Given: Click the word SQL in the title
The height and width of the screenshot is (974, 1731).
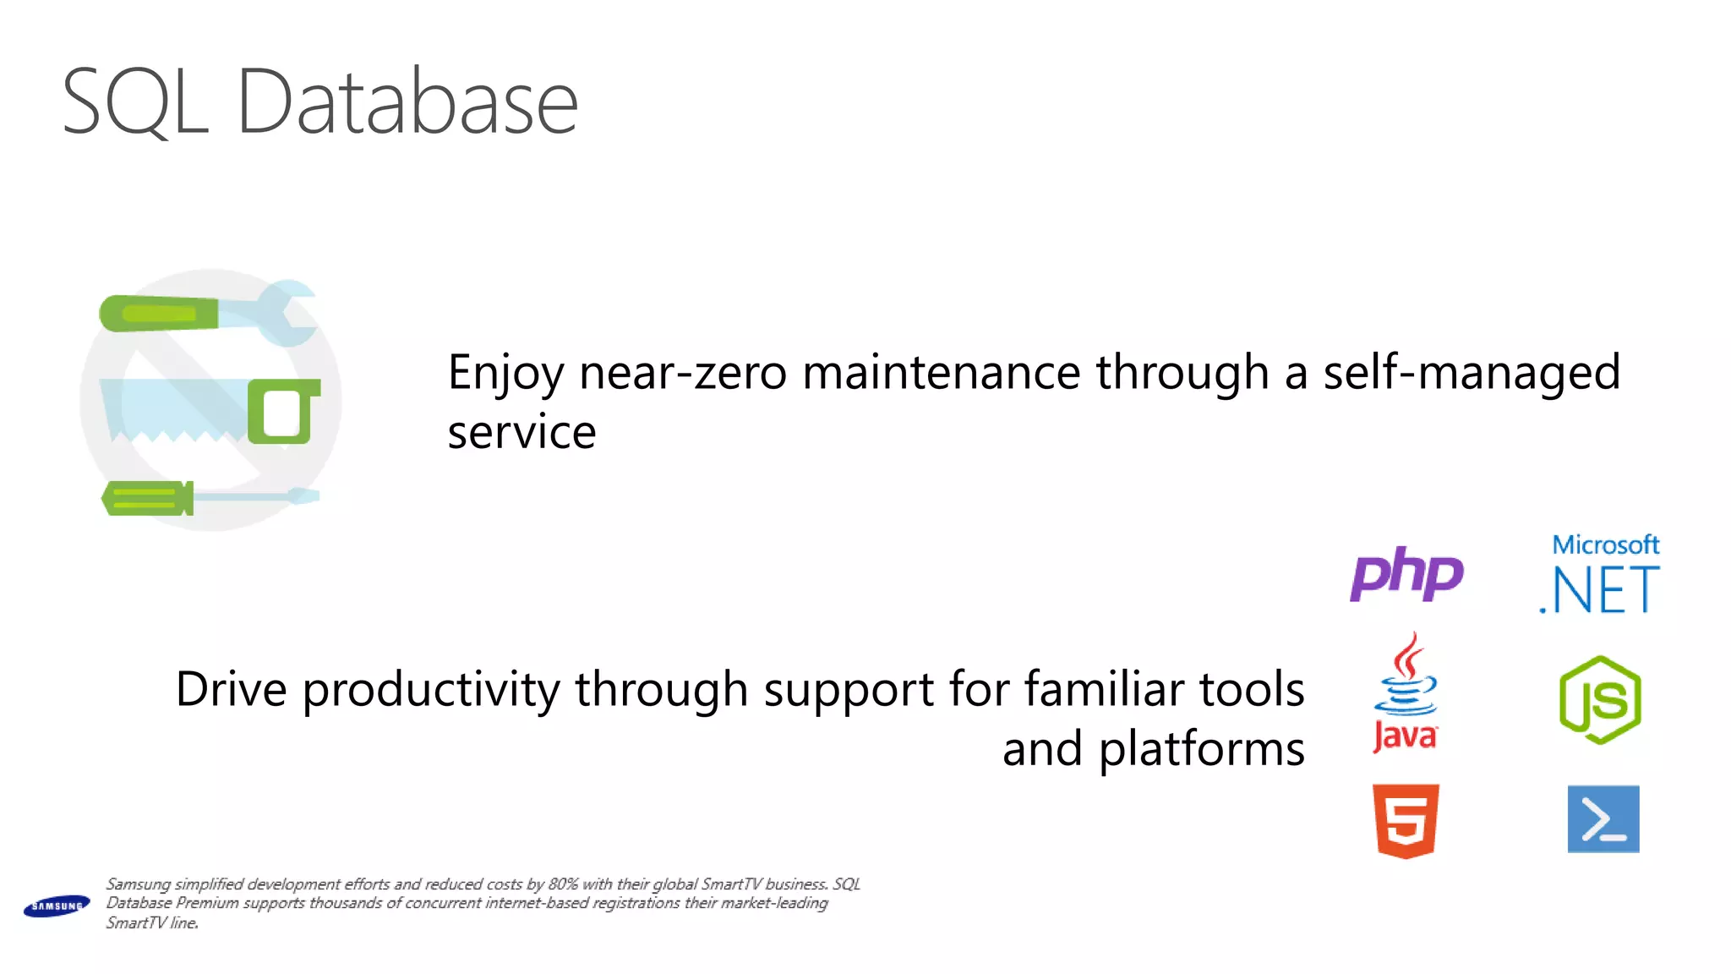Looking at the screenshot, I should [x=135, y=103].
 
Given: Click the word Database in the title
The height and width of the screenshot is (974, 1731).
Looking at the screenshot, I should [x=407, y=103].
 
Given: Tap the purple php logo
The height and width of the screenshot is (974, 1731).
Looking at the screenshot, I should [x=1406, y=574].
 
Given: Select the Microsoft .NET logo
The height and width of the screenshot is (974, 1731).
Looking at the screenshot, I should [x=1600, y=576].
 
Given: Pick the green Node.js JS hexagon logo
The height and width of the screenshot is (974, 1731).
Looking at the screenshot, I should [x=1600, y=700].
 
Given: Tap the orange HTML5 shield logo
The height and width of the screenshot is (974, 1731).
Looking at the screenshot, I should [x=1406, y=820].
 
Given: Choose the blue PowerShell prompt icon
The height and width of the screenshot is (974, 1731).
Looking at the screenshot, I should [x=1603, y=819].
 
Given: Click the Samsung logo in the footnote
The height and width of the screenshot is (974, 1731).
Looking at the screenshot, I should [x=57, y=906].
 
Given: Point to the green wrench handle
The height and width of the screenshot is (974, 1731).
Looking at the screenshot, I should [x=159, y=314].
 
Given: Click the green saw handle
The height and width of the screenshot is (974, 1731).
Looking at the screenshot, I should [x=283, y=412].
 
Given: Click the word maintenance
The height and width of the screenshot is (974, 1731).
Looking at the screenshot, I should [x=941, y=373].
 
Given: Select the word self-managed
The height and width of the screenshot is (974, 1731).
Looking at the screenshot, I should [x=1472, y=373].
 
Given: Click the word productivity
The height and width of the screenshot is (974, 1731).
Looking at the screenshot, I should [x=431, y=689].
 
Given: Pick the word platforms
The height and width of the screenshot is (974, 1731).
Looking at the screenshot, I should [x=1201, y=750].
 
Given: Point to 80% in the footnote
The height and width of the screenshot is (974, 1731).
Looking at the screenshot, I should [x=563, y=884].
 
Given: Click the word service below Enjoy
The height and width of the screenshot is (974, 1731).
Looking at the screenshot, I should [x=521, y=433].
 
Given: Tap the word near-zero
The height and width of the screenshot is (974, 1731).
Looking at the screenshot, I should [x=683, y=373].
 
